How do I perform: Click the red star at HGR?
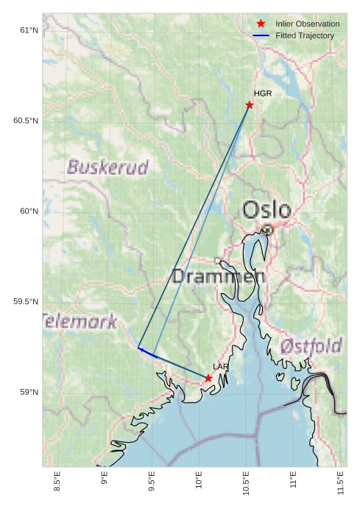(x=250, y=105)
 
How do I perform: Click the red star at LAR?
(x=208, y=378)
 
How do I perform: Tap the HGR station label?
(x=263, y=94)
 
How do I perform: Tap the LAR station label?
(x=221, y=366)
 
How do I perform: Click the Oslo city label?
(x=267, y=210)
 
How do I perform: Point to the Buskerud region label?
(x=107, y=167)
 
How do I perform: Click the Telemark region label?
(x=80, y=321)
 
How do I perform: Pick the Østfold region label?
(x=311, y=345)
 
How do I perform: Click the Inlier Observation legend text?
(x=307, y=24)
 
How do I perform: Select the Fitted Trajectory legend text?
(x=305, y=35)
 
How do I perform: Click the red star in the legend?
(x=261, y=24)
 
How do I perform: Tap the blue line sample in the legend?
(x=261, y=35)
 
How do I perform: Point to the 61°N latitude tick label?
(x=29, y=30)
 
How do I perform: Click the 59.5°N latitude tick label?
(x=26, y=302)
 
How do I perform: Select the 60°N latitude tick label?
(x=29, y=211)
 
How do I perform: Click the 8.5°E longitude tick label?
(x=57, y=480)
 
